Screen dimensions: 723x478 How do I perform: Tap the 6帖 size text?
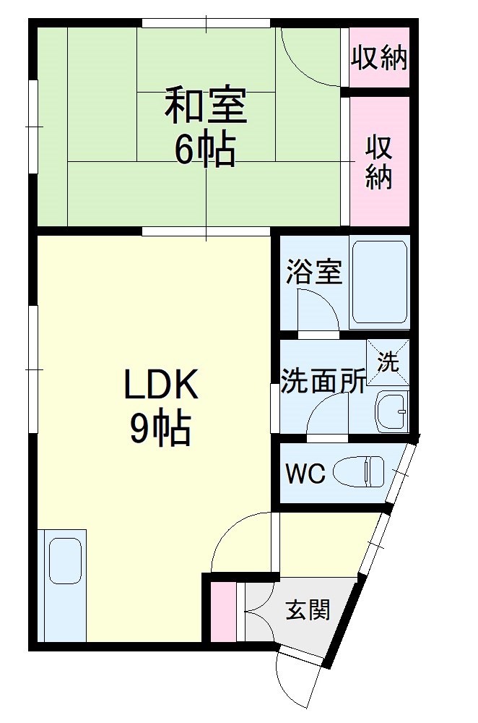tap(204, 150)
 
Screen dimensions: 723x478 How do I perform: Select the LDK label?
tap(160, 388)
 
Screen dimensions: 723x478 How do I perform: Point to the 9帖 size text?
tap(160, 429)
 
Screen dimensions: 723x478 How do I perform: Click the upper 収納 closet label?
tap(380, 59)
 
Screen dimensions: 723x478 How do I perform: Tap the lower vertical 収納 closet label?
tap(379, 163)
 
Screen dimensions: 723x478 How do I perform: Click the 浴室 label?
tap(313, 273)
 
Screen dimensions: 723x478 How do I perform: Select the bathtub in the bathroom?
tap(380, 282)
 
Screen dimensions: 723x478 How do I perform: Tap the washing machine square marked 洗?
tap(388, 362)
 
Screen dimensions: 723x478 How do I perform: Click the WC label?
tap(305, 474)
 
